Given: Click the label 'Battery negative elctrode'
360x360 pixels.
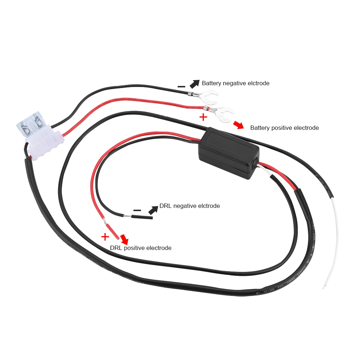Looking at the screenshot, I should click(236, 83).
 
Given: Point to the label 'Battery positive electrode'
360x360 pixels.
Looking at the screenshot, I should click(284, 128).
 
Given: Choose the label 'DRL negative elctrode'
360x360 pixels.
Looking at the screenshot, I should click(190, 206).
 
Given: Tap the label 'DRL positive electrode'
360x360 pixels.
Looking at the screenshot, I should click(141, 248).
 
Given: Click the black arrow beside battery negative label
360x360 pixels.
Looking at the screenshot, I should click(194, 84).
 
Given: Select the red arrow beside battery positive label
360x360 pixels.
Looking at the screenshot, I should click(238, 125).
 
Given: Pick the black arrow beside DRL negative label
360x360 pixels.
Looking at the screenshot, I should click(153, 209).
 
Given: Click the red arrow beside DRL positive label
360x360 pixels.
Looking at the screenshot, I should click(124, 238).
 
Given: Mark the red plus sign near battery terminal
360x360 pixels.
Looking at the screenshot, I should click(204, 117).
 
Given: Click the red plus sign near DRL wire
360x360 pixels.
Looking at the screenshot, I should click(105, 237).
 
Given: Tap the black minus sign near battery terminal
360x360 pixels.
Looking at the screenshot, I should click(182, 87).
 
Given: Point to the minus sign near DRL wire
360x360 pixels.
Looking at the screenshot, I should click(137, 210).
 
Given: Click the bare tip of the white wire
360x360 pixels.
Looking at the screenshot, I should click(325, 287).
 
